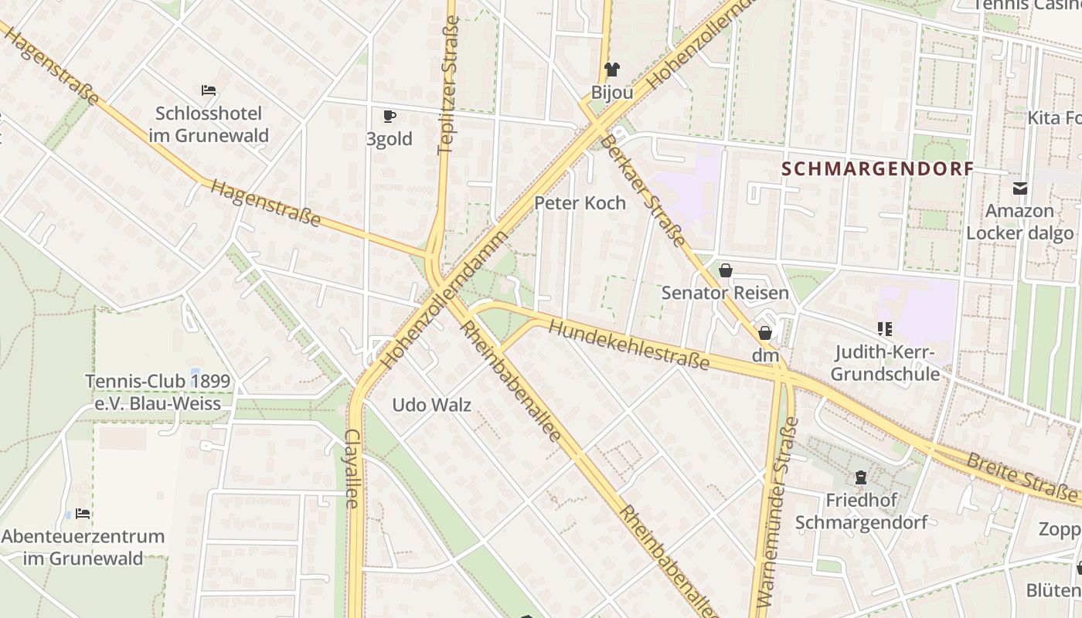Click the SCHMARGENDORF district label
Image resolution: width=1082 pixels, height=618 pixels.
click(x=876, y=169)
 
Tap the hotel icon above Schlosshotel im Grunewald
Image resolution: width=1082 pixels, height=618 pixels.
click(x=209, y=90)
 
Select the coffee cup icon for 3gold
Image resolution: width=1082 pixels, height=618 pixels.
click(x=390, y=117)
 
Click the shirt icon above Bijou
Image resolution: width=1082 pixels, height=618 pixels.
click(x=612, y=70)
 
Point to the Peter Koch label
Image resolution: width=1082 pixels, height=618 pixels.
click(x=580, y=203)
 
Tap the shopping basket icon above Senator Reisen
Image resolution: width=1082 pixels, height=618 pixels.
click(x=725, y=270)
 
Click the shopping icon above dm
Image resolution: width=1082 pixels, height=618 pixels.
click(x=765, y=333)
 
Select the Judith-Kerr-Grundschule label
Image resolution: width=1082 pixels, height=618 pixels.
click(x=886, y=364)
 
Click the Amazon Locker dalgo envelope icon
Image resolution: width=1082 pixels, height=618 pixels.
click(x=1020, y=188)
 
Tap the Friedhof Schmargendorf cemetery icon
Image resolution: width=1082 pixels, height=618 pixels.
click(x=861, y=477)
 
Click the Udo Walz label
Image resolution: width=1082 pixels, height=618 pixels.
click(x=431, y=405)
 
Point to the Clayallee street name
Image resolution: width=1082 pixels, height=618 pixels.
click(x=352, y=468)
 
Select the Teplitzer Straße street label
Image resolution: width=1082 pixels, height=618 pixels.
click(x=448, y=85)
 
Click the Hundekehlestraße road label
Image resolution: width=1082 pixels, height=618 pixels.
click(x=628, y=345)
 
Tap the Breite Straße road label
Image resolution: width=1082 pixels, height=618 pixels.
click(x=1020, y=477)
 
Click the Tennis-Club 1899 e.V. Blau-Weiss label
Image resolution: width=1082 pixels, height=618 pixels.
click(x=158, y=392)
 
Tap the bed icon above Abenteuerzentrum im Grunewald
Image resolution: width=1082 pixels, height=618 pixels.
click(x=83, y=514)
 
